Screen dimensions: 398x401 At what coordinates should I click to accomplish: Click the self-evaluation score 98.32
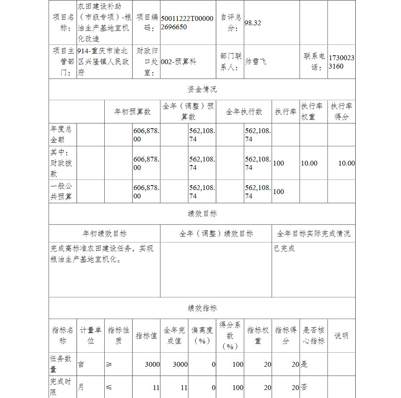[x=253, y=23]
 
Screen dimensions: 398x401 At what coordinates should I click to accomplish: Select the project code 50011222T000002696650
[x=187, y=23]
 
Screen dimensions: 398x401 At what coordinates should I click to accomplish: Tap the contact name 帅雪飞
[x=255, y=62]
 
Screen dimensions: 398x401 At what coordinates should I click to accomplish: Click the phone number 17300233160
[x=341, y=62]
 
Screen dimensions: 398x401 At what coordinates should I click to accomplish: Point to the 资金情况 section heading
[x=202, y=89]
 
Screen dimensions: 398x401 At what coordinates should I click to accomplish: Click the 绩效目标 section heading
[x=202, y=214]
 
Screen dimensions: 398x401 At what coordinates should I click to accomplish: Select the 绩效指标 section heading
[x=202, y=308]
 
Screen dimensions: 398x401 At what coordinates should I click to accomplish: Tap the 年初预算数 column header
[x=133, y=112]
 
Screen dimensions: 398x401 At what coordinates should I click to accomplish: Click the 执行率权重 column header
[x=312, y=111]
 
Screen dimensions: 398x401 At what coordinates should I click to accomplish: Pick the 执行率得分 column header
[x=341, y=111]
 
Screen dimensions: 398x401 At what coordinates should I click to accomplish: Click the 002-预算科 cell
[x=178, y=62]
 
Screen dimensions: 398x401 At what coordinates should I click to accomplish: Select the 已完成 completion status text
[x=284, y=248]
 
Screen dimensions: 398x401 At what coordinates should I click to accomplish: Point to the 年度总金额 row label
[x=61, y=134]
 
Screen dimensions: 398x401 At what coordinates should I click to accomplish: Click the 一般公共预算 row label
[x=61, y=192]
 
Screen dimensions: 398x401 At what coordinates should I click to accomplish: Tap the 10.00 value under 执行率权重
[x=309, y=163]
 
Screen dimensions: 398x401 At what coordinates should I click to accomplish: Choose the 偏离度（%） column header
[x=202, y=335]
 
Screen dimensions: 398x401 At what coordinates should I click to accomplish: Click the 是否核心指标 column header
[x=313, y=335]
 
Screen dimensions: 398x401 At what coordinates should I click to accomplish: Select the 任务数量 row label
[x=61, y=364]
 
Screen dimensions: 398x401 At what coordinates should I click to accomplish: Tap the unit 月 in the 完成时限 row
[x=81, y=387]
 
